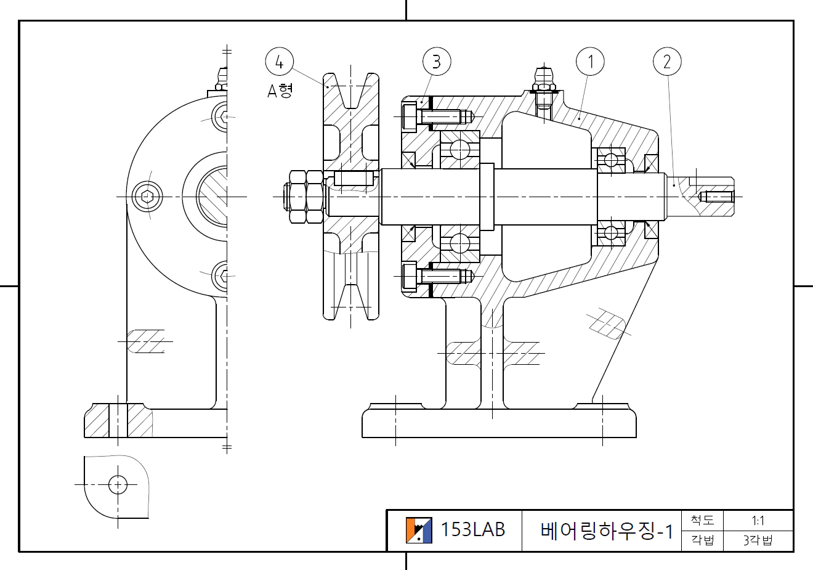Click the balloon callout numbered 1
tap(590, 61)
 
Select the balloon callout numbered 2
tap(666, 61)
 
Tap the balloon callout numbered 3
tap(437, 61)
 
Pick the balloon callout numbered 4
tap(279, 61)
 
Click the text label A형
tap(280, 91)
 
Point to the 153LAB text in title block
tap(472, 529)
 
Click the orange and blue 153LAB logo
tap(418, 530)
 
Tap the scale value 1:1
tap(758, 521)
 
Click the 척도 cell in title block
tap(702, 521)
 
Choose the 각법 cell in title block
tap(702, 540)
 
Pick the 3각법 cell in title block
tap(758, 540)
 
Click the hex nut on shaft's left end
tap(305, 197)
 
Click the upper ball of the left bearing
tap(459, 149)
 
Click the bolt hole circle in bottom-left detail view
tap(118, 485)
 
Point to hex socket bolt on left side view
tap(148, 197)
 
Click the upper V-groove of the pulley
tap(351, 92)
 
